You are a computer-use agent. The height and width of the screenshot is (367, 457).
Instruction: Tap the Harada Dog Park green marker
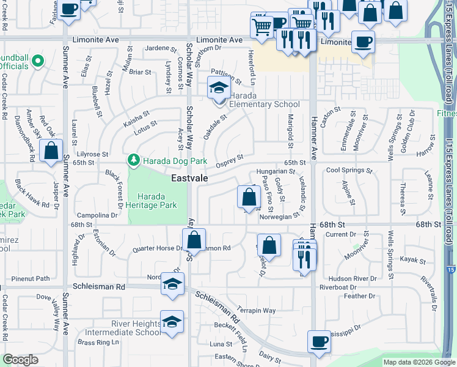pyautogui.click(x=133, y=160)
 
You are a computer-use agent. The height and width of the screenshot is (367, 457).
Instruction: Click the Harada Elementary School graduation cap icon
pyautogui.click(x=219, y=89)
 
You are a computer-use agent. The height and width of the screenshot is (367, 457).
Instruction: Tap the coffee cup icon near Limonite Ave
pyautogui.click(x=363, y=42)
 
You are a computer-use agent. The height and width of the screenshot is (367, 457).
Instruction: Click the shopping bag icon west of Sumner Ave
pyautogui.click(x=51, y=150)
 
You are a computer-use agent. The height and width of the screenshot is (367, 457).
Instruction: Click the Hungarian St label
pyautogui.click(x=276, y=172)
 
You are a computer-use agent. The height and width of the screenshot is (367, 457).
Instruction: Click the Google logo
pyautogui.click(x=21, y=360)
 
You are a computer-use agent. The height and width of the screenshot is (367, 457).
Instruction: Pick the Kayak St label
pyautogui.click(x=412, y=260)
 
